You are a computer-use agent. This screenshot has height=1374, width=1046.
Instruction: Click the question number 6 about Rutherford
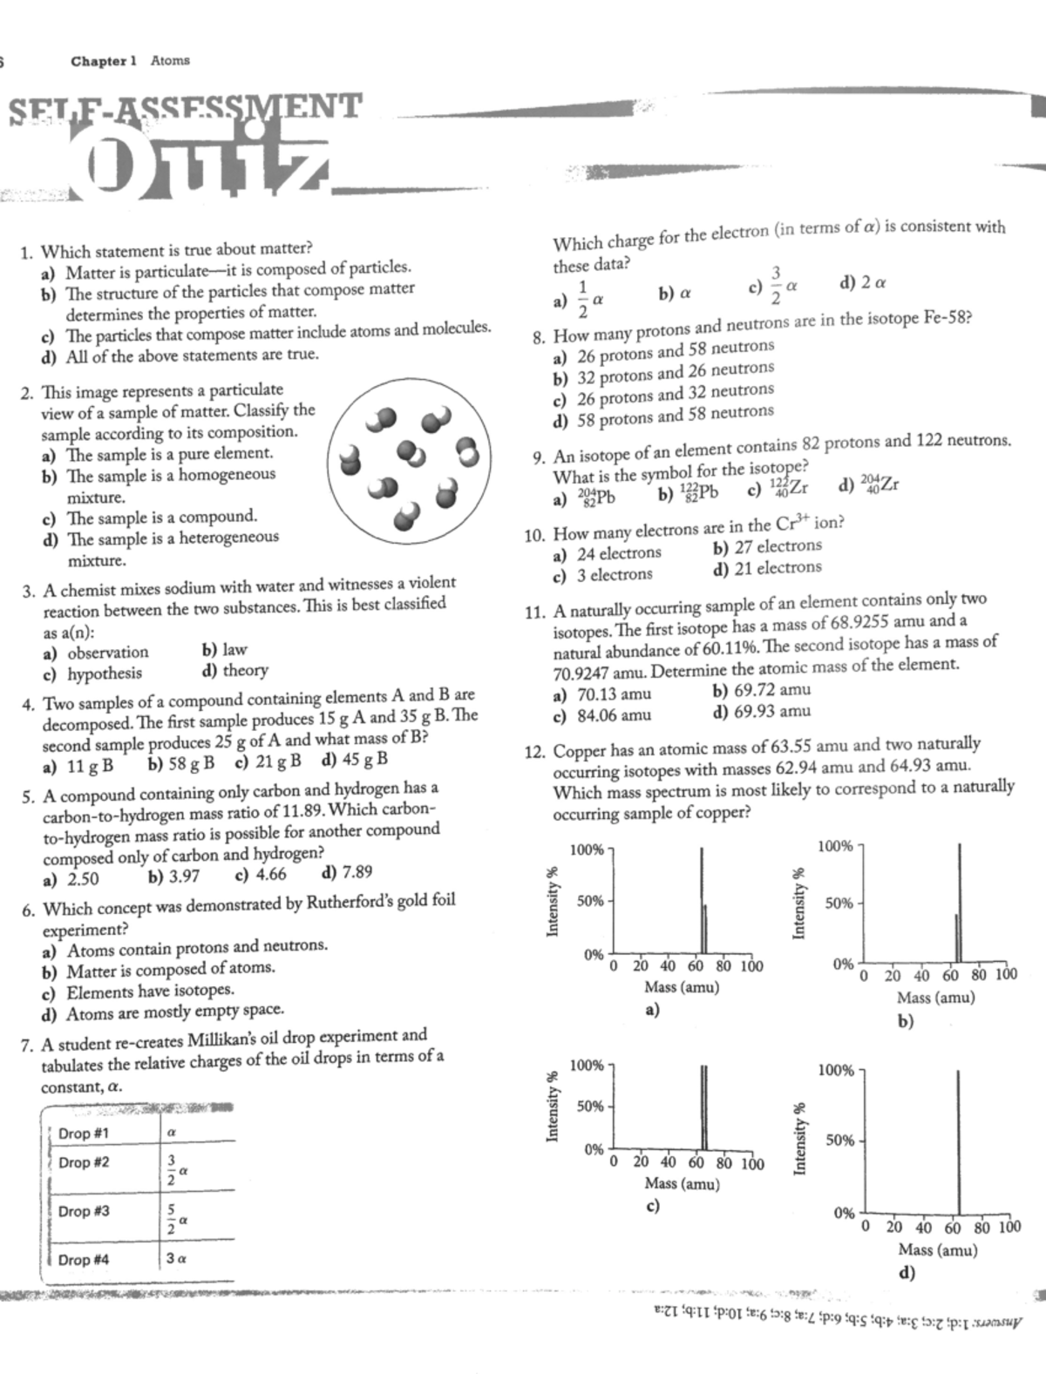pos(28,910)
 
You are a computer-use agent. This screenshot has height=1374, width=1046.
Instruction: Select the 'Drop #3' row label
pos(84,1211)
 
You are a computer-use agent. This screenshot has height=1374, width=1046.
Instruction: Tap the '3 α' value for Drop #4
pos(176,1259)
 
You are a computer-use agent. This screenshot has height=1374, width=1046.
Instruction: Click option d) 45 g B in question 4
pos(355,759)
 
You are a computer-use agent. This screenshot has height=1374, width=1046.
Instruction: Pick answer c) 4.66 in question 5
pos(261,875)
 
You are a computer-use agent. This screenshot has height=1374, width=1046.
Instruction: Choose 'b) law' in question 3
pos(224,649)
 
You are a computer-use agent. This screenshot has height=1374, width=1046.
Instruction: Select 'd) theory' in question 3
pos(234,671)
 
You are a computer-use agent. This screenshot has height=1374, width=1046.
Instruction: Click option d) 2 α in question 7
pos(863,282)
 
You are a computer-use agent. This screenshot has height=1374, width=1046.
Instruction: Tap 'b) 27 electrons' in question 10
pos(766,546)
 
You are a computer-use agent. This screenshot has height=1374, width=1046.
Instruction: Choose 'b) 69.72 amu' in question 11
pos(761,690)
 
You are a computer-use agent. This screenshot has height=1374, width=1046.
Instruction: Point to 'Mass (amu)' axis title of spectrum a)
pos(681,987)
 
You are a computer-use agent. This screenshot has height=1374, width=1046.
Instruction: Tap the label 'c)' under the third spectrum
pos(652,1207)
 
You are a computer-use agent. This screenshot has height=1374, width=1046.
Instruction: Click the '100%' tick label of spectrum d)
pos(837,1071)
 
